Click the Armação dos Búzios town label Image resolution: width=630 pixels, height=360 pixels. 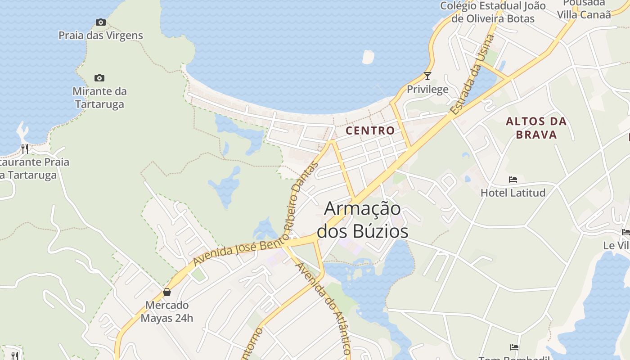coord(362,220)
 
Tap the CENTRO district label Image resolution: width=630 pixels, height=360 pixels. coord(370,130)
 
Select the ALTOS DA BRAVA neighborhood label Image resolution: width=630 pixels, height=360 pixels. coord(536,128)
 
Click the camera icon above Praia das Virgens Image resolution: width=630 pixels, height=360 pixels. coord(100,22)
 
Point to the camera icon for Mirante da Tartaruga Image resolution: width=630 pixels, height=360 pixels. coord(99,78)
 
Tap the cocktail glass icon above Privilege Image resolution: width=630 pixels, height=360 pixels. coord(427,76)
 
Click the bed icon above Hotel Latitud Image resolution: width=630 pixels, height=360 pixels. coord(513,180)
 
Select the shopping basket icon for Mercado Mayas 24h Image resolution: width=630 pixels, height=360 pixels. coord(167,292)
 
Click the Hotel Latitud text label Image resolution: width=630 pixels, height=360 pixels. coord(513,193)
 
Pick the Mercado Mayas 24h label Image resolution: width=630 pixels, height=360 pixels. coord(167,311)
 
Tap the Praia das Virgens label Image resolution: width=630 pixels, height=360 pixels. coord(101,35)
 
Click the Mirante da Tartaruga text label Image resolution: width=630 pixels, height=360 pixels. coord(100,98)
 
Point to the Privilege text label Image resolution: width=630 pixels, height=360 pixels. coord(427,89)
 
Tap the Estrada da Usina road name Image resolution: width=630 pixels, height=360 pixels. coord(472,75)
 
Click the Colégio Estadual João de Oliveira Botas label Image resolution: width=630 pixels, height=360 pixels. coord(493,12)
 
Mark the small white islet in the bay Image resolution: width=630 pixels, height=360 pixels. coord(368,57)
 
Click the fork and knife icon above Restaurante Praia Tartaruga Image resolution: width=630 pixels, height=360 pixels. coord(25,148)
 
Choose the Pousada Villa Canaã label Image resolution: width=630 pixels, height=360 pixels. coord(584,9)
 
